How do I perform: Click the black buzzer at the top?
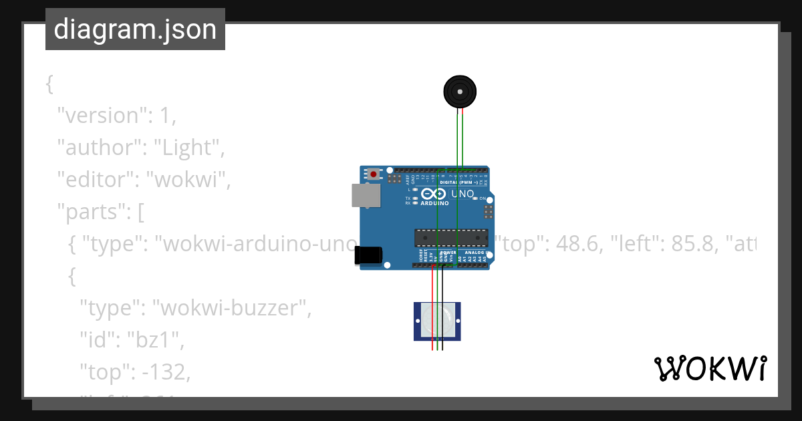pyautogui.click(x=460, y=92)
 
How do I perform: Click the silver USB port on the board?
pyautogui.click(x=366, y=195)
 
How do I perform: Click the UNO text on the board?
pyautogui.click(x=462, y=194)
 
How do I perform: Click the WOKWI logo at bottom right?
pyautogui.click(x=710, y=369)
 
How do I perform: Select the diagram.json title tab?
pyautogui.click(x=135, y=29)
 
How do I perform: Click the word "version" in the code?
pyautogui.click(x=101, y=116)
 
